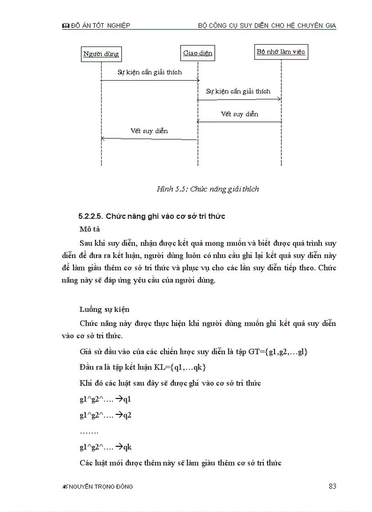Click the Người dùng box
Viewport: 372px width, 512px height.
101,54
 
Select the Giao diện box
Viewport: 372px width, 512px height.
197,53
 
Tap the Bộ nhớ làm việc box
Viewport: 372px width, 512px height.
281,52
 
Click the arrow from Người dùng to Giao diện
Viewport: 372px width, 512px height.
150,80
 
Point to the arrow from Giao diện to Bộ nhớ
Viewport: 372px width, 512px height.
239,99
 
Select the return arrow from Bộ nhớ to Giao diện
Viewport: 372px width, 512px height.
239,122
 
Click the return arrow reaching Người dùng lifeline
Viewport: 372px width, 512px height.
149,139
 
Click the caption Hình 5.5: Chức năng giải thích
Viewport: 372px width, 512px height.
207,189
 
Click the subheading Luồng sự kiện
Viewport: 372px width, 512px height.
104,309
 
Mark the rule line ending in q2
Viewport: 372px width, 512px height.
105,415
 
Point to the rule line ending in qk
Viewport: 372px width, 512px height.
105,447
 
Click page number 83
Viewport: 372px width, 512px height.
332,486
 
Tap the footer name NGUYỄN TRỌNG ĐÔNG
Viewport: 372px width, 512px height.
101,487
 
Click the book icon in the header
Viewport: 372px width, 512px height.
65,26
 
